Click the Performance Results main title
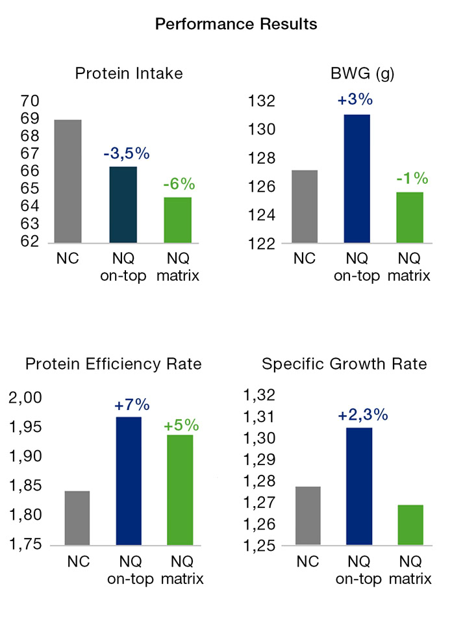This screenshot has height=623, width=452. click(236, 25)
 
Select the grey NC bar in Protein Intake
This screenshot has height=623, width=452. click(68, 180)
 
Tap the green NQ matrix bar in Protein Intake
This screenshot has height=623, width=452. click(178, 219)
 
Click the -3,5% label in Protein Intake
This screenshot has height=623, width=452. click(127, 154)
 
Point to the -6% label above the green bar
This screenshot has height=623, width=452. click(178, 184)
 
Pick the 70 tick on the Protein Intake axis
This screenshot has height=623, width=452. click(30, 101)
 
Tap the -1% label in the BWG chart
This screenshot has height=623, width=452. click(409, 178)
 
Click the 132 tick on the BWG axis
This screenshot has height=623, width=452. click(260, 102)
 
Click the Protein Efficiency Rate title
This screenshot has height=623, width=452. click(113, 364)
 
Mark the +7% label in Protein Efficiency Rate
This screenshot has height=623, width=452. click(132, 405)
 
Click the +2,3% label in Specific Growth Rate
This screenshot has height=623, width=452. click(362, 415)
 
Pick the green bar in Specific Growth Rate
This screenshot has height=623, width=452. click(410, 524)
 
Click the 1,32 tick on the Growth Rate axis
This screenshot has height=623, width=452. click(258, 396)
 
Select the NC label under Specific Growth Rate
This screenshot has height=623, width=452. click(308, 560)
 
